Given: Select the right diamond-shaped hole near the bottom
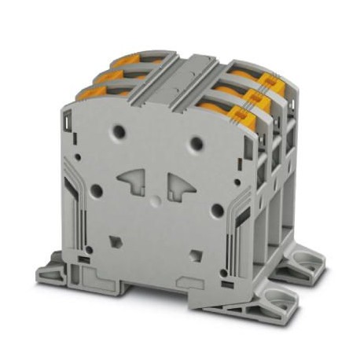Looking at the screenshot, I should click(194, 253).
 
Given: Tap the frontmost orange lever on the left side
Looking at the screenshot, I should click(94, 94).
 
